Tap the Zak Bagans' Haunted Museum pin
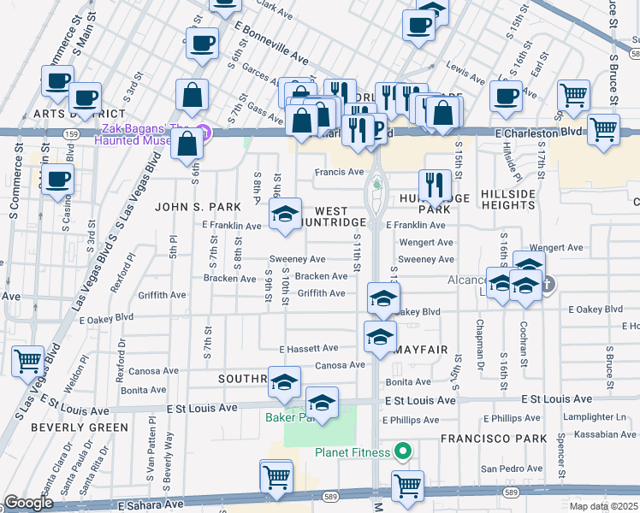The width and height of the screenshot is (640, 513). point(203,132)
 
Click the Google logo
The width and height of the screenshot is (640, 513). point(28,503)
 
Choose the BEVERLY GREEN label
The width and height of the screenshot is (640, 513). point(68,427)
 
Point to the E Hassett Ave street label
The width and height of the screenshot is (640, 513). point(309,349)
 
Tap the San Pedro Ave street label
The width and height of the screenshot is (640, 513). point(511,469)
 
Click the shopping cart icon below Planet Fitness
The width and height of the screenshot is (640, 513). point(408,486)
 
